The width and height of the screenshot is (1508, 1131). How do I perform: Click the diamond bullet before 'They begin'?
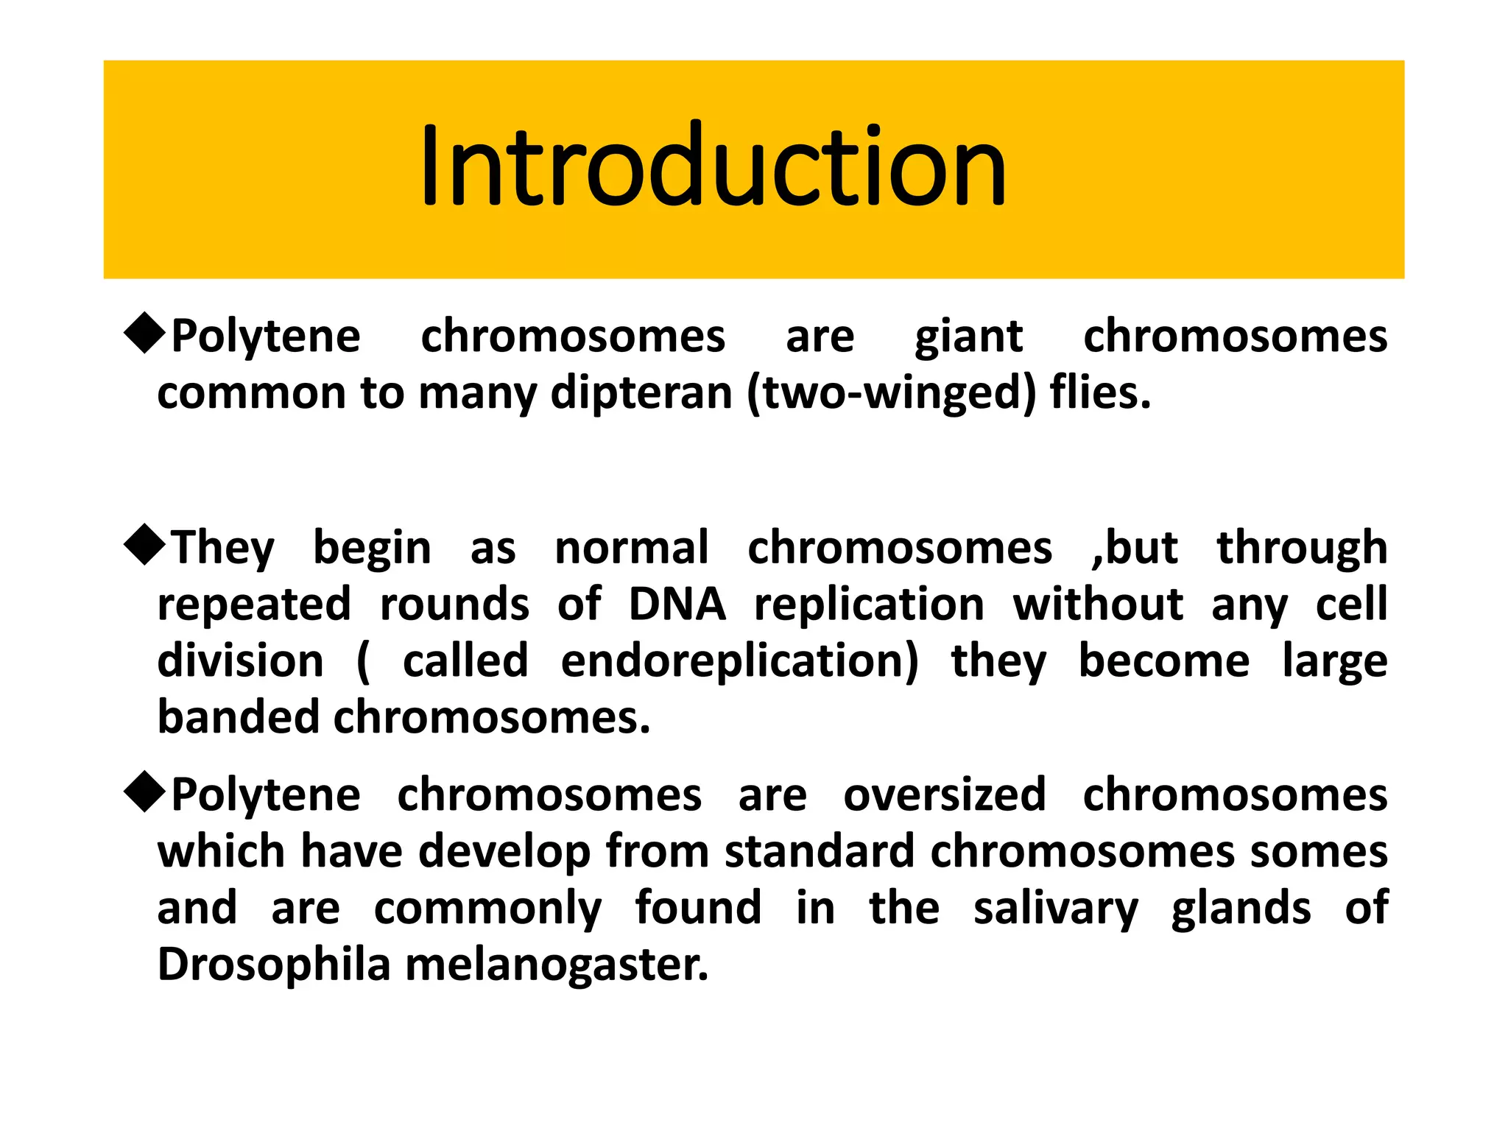(x=145, y=545)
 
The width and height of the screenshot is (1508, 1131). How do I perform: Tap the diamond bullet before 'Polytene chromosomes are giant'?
(x=145, y=334)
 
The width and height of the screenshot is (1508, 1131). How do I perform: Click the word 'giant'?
(x=968, y=338)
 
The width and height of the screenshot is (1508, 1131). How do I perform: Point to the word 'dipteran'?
(x=641, y=393)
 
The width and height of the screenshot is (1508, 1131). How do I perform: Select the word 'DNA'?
(x=677, y=605)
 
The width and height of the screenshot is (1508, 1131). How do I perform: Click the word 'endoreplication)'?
(x=739, y=661)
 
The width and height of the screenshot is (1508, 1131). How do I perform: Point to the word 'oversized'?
(x=945, y=795)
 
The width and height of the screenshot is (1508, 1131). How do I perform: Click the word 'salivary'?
(x=1056, y=909)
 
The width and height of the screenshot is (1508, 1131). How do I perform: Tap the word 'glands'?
(x=1241, y=909)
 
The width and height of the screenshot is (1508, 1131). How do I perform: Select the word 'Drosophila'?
(x=273, y=965)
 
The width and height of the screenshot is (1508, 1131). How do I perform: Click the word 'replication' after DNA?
(x=869, y=606)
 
